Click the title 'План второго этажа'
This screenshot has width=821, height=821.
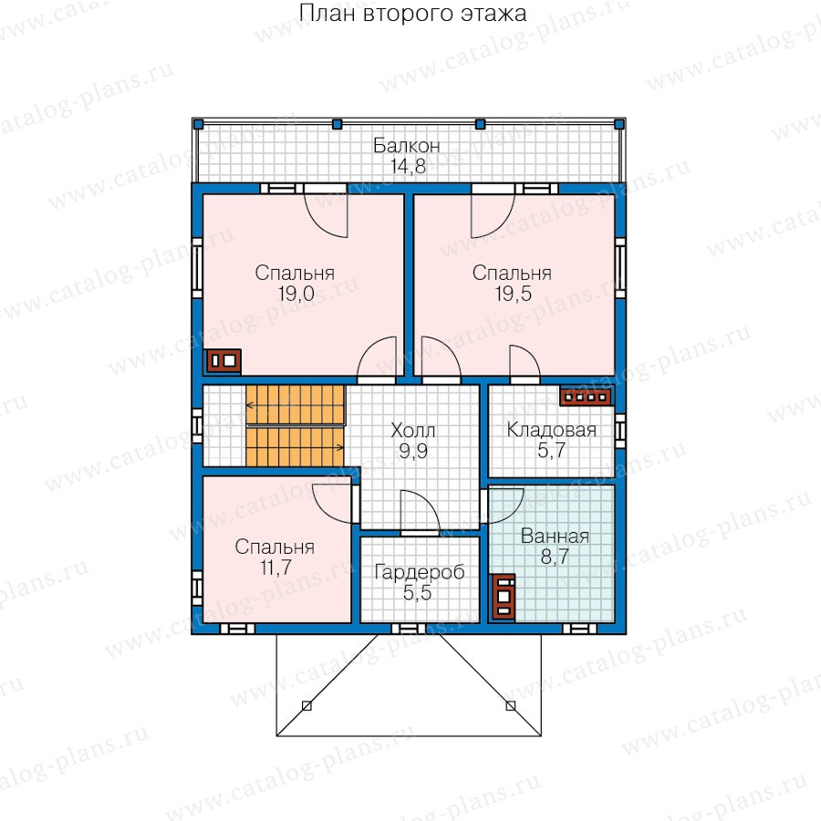412,14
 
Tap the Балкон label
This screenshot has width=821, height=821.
406,146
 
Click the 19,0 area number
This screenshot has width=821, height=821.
296,294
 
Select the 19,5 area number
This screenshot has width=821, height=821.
513,294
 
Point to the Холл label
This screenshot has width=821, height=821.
412,431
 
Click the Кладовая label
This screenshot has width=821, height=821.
551,430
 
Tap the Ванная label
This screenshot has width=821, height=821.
555,536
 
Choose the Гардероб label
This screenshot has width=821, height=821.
420,572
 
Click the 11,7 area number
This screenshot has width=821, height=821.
275,567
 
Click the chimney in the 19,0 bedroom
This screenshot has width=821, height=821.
223,360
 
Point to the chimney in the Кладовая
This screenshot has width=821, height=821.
586,398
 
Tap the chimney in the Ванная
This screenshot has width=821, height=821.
504,597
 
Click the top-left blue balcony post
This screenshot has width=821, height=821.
198,124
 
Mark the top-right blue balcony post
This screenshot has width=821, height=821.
618,124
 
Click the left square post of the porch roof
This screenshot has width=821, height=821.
307,706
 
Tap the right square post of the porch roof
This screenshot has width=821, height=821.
511,706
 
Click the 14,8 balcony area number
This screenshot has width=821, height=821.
408,166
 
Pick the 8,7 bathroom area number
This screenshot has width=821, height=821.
555,556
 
